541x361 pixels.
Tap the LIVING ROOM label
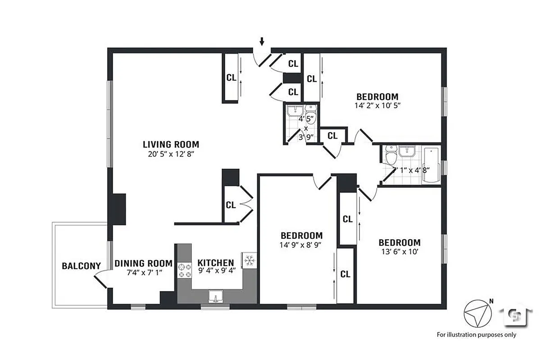[x=171, y=145]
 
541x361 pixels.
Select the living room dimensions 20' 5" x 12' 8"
[x=171, y=154]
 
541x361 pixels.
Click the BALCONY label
[x=81, y=266]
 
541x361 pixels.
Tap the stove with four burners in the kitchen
[x=184, y=270]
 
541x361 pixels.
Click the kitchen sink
[x=216, y=297]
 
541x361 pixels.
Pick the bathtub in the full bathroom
[x=432, y=165]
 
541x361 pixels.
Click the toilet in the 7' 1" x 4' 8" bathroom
[x=390, y=156]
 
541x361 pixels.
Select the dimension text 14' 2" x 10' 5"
[x=377, y=105]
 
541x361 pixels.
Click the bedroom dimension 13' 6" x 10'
[x=399, y=251]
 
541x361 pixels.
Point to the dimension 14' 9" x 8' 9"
[x=301, y=244]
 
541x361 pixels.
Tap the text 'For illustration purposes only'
[x=477, y=335]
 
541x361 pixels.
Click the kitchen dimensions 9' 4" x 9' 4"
[x=216, y=271]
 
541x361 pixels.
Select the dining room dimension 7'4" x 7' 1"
[x=143, y=272]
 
